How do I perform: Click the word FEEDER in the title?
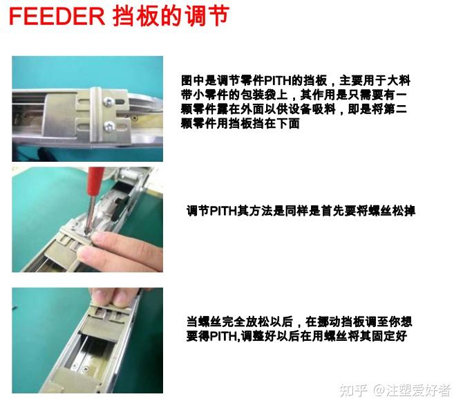point(56,17)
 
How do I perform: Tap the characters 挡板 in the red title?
point(138,17)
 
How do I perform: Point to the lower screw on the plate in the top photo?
point(109,126)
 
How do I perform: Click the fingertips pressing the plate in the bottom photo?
point(104,297)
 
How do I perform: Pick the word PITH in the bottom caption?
point(220,337)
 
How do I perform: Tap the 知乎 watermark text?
point(352,389)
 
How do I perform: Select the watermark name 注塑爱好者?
point(417,389)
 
